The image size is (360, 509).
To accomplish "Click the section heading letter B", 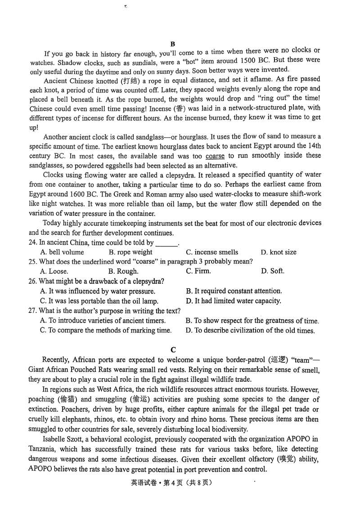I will click(x=172, y=44).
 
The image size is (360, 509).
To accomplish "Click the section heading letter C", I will click(x=173, y=350).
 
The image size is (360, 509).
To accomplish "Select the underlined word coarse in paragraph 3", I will click(x=215, y=156).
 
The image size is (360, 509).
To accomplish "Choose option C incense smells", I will click(x=212, y=252).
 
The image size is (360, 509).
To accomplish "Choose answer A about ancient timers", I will click(x=103, y=321).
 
